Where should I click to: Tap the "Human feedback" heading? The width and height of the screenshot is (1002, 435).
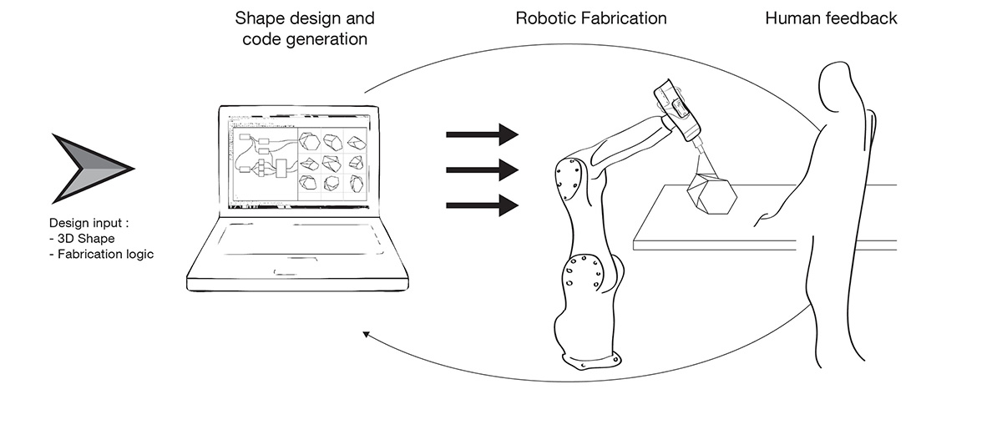(831, 18)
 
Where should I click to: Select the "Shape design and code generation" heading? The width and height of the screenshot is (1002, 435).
(305, 28)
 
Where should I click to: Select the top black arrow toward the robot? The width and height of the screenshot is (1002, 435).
(483, 134)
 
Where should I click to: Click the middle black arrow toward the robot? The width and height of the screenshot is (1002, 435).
(483, 169)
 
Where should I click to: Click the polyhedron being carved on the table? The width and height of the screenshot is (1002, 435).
(711, 197)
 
